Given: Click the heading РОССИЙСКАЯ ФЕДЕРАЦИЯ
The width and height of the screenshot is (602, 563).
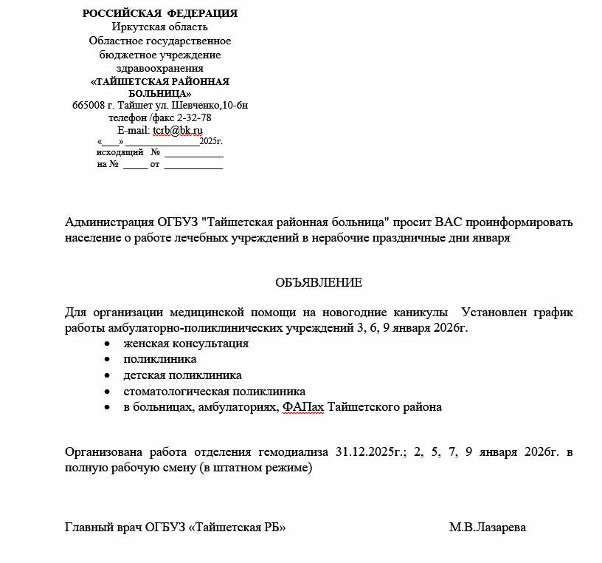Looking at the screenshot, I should coord(160,13).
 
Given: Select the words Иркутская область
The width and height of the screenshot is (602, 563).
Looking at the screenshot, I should coord(160,27).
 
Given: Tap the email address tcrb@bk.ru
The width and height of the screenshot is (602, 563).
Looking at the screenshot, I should coord(178,130).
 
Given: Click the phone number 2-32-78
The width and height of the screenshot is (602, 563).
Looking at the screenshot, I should coord(194,117).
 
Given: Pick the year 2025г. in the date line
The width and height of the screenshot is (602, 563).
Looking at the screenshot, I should coord(211,141).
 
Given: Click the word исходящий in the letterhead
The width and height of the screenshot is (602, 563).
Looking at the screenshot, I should coord(120,153).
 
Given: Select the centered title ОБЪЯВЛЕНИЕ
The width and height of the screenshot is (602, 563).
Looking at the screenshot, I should coord(319,282).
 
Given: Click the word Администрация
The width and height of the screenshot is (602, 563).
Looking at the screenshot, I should coord(109,222).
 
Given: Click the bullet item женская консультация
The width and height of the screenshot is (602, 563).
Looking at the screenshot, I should coord(186,344).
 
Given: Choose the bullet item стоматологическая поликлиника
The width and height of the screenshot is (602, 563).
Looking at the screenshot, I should coord(214,392).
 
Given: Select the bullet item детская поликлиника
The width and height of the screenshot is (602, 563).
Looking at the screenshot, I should coord(182,375).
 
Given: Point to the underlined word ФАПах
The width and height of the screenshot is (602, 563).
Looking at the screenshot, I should coord(302,407).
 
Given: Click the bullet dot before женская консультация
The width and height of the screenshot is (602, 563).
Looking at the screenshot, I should coord(108,344).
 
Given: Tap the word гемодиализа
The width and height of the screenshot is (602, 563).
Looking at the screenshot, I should coord(294,452).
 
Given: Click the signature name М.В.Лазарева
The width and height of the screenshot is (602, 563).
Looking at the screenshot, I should coord(487,528).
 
